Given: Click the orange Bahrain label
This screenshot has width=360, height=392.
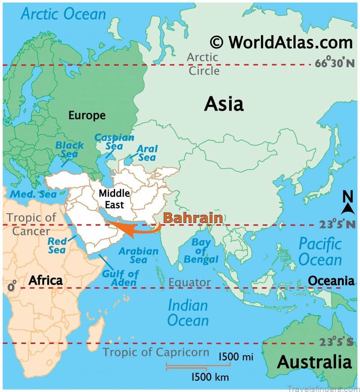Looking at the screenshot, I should coord(193,218).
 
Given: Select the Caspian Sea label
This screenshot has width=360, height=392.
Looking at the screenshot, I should coord(108,142).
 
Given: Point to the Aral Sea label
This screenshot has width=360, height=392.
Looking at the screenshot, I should coord(146,153).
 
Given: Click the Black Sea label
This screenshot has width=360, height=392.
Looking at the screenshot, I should coord(69,150).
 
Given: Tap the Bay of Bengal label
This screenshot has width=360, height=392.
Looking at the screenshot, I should coord(201,251).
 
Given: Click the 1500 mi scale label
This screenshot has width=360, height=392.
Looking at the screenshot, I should coord(235,357).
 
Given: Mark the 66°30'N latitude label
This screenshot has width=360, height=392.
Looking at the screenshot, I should coord(334,64).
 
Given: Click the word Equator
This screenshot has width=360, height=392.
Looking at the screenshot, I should coord(189,283).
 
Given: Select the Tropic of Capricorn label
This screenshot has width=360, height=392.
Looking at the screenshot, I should coord(156,352).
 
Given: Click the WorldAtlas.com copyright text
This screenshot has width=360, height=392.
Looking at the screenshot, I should coord(281,42).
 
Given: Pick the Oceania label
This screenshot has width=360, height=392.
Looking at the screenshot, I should coord(331,281).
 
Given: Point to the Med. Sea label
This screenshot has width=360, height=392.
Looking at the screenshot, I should coord(33,194).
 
